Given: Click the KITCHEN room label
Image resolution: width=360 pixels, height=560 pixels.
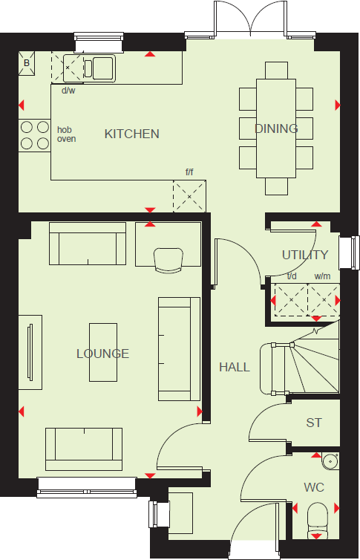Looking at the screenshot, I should pos(131,134).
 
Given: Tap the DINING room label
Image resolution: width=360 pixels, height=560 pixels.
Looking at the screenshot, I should pos(276,128).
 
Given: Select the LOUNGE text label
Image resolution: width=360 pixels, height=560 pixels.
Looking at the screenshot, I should pos(102,354).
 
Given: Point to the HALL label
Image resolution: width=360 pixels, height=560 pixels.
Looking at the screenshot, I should pos(234,367).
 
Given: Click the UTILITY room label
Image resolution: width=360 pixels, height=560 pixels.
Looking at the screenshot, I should pos(304,255).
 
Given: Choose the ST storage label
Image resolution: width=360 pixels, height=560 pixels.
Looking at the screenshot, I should pos(314,423).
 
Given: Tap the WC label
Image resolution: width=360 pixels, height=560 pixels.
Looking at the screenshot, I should pos(314,488).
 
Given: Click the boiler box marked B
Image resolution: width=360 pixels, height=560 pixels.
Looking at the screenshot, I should pos(27,63).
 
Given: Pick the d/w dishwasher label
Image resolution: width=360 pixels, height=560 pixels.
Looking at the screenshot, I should pos(68,91).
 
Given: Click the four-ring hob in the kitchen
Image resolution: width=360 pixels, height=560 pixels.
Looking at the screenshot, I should pos(34,134).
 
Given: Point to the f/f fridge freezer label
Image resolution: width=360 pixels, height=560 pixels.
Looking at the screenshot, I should pos(189,172).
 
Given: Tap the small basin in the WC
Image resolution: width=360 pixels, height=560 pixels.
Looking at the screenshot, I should pos(331,461).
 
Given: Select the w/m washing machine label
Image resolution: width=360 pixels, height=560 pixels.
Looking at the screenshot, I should pos(322,277).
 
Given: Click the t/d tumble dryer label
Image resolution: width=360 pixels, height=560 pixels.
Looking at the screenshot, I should pos(292,277).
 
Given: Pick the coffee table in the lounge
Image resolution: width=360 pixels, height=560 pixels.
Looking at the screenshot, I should pos(104,352).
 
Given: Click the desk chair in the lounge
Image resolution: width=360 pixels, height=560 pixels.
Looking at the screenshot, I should pos(168,259).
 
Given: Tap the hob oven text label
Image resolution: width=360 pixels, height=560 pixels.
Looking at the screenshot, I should pos(67,134).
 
